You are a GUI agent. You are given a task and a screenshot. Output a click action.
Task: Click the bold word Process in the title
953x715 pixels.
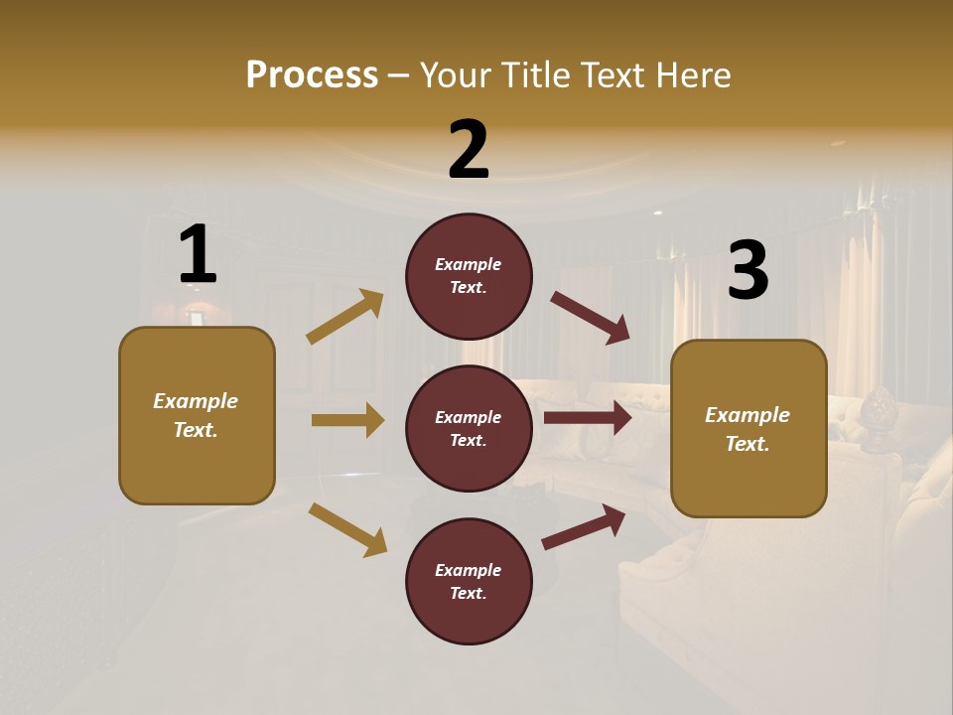click(312, 74)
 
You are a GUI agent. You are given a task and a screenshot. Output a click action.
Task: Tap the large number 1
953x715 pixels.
click(198, 255)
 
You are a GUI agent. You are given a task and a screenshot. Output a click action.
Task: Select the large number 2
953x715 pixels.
click(469, 150)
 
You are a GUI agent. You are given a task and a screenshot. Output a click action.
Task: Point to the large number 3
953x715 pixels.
click(748, 271)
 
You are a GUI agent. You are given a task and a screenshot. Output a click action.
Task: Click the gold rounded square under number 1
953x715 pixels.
click(197, 415)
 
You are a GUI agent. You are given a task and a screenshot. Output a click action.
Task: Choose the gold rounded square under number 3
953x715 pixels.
click(749, 429)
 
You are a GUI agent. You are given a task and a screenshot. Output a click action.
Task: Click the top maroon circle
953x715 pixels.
click(469, 276)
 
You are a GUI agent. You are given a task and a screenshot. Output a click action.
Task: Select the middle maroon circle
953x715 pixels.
click(469, 428)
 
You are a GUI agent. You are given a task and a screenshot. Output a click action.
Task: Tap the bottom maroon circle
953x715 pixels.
click(469, 581)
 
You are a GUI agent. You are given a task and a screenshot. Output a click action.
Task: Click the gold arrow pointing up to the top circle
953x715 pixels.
click(345, 317)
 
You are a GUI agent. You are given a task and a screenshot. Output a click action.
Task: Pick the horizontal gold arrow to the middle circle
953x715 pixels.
click(347, 420)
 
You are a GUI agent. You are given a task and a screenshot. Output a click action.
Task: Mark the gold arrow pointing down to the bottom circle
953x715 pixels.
click(347, 529)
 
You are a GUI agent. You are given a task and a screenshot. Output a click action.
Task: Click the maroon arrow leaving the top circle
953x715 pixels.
click(590, 317)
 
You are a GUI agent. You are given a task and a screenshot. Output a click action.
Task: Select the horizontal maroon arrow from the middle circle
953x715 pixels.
click(587, 418)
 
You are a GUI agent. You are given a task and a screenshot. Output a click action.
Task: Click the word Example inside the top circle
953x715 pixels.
click(469, 264)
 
